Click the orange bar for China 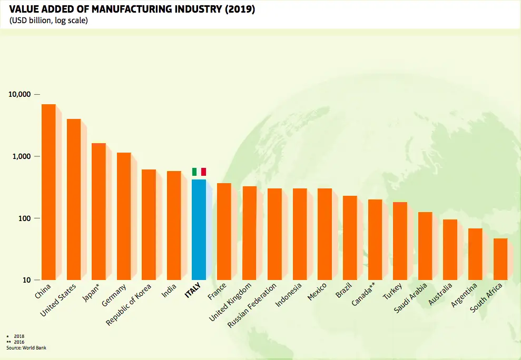[48, 192]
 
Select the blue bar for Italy [199, 229]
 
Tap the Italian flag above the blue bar [199, 172]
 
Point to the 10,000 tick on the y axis [21, 94]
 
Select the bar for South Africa [500, 259]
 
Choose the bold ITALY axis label [193, 292]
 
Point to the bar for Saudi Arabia [425, 246]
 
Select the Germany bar [124, 216]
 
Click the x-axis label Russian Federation [252, 306]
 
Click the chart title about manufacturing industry [132, 9]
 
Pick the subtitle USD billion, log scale [48, 21]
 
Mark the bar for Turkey [400, 241]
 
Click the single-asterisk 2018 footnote [16, 336]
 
